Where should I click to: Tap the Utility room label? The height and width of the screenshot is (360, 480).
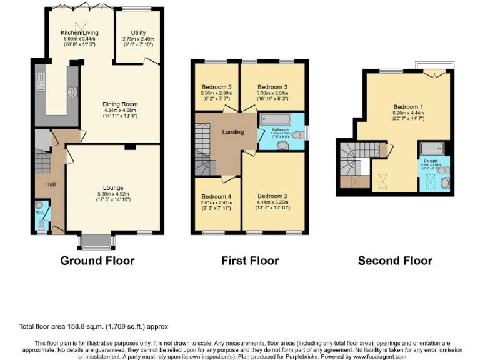click(x=138, y=32)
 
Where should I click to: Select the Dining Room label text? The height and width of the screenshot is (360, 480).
click(x=120, y=104)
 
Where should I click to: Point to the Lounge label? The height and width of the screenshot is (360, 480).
click(x=113, y=187)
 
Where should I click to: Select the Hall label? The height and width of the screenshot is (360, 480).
click(x=51, y=184)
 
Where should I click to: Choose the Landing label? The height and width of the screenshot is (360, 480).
click(x=233, y=132)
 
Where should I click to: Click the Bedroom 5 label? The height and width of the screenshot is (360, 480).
click(x=216, y=87)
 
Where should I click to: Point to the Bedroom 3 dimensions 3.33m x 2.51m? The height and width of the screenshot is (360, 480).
click(x=272, y=94)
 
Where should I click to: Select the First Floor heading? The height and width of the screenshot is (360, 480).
click(x=250, y=261)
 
